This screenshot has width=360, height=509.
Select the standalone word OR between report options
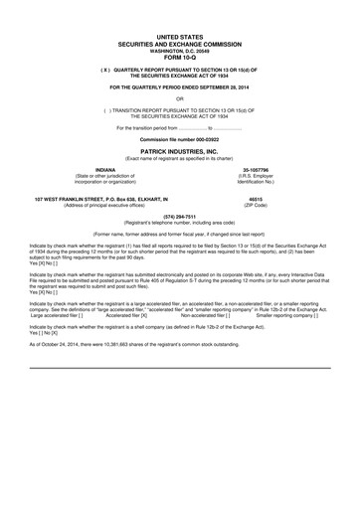pyautogui.click(x=179, y=98)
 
